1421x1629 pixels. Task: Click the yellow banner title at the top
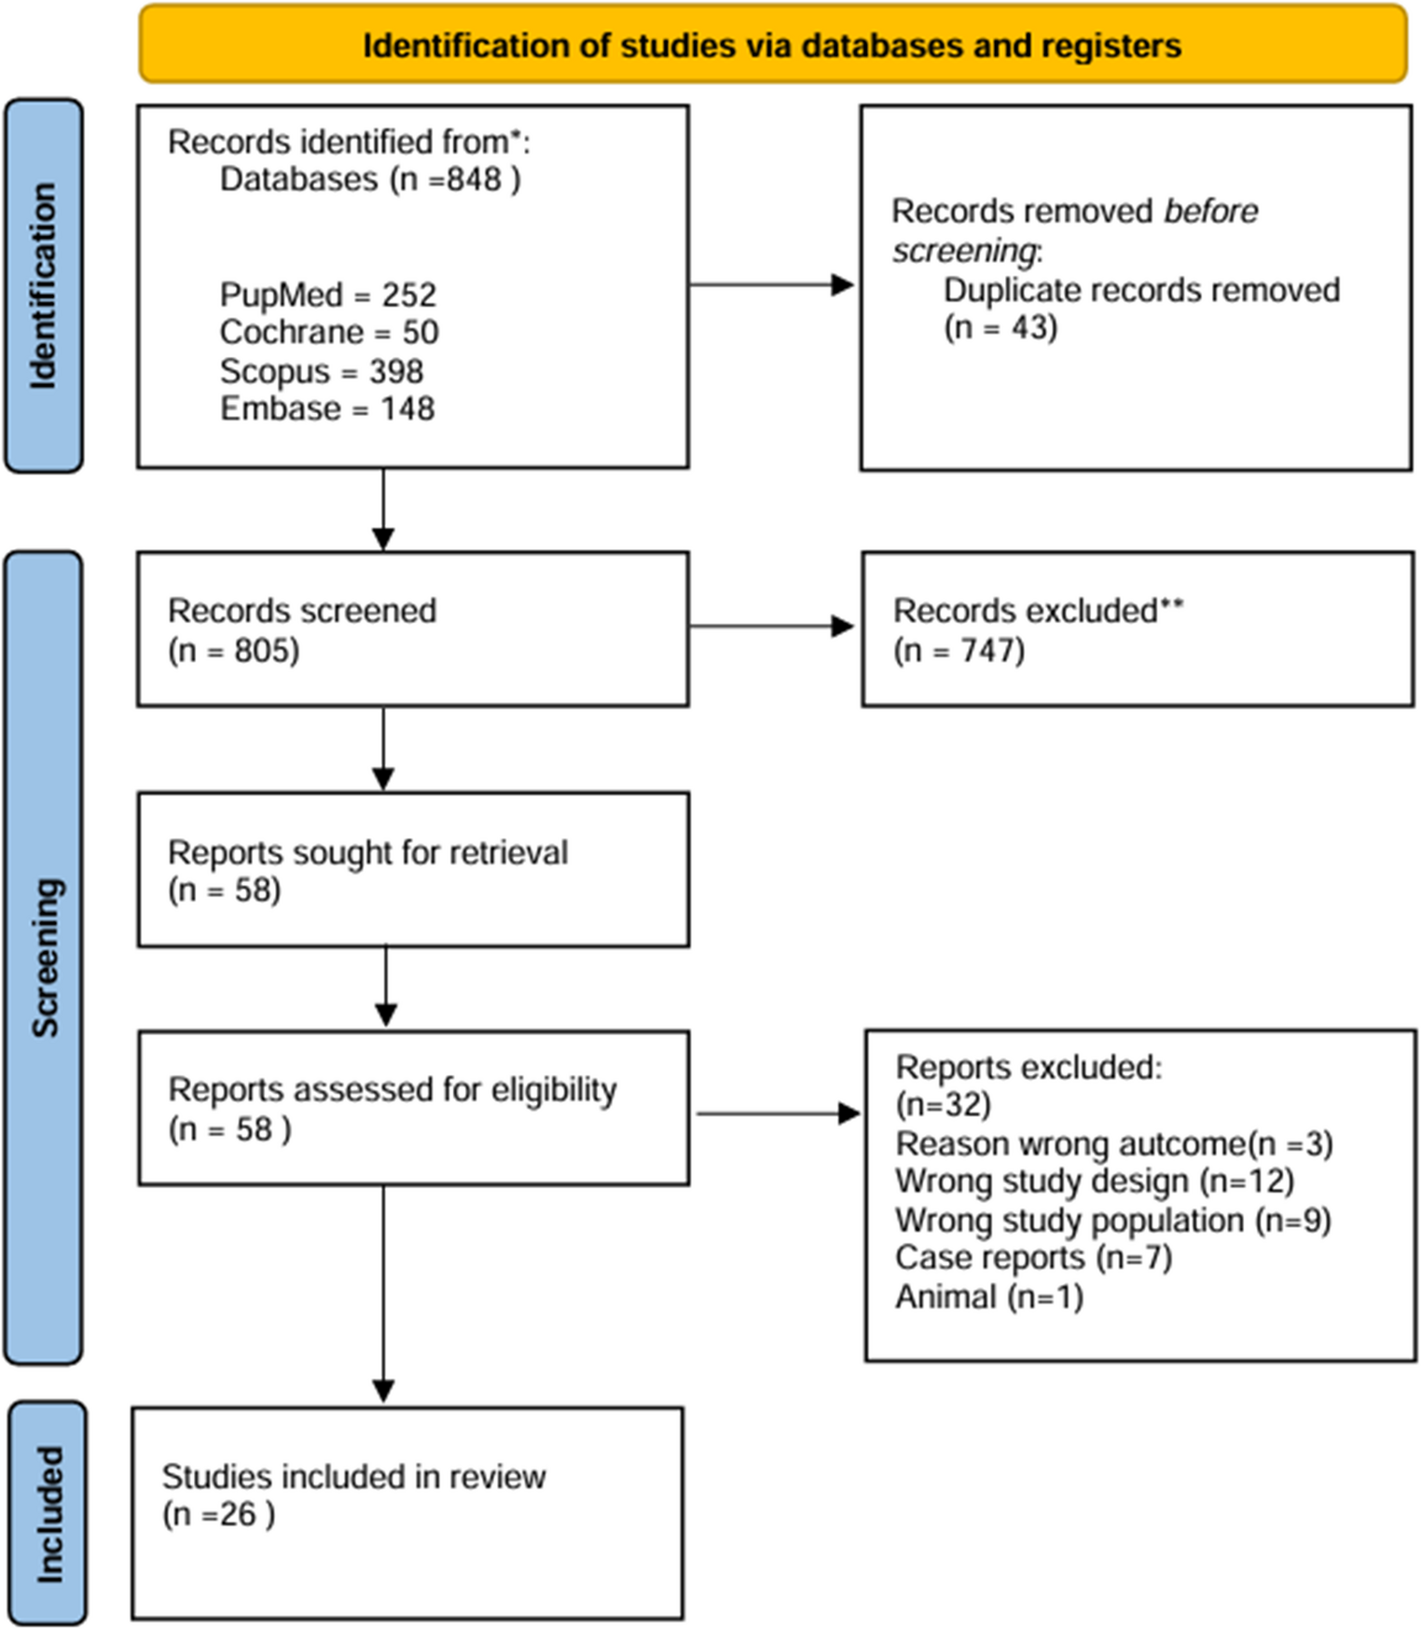click(772, 45)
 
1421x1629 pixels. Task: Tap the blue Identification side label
click(44, 285)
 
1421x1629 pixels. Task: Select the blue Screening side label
click(44, 958)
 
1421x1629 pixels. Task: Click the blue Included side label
click(48, 1513)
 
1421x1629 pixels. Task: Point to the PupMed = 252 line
click(327, 295)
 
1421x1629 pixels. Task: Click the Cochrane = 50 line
click(328, 332)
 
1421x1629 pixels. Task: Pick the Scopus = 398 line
click(321, 371)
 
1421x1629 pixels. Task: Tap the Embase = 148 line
click(326, 408)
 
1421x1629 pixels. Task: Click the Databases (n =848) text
click(370, 178)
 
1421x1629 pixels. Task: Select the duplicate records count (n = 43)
click(1000, 327)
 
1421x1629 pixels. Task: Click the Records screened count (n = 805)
click(233, 650)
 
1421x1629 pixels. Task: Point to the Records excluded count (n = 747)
click(959, 650)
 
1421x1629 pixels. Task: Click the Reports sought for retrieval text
click(367, 852)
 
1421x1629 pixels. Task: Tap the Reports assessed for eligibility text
click(392, 1089)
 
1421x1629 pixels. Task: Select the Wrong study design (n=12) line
click(1095, 1180)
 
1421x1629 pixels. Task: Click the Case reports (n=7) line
click(1033, 1258)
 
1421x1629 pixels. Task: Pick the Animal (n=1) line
click(988, 1297)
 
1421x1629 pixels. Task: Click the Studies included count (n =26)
click(218, 1514)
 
